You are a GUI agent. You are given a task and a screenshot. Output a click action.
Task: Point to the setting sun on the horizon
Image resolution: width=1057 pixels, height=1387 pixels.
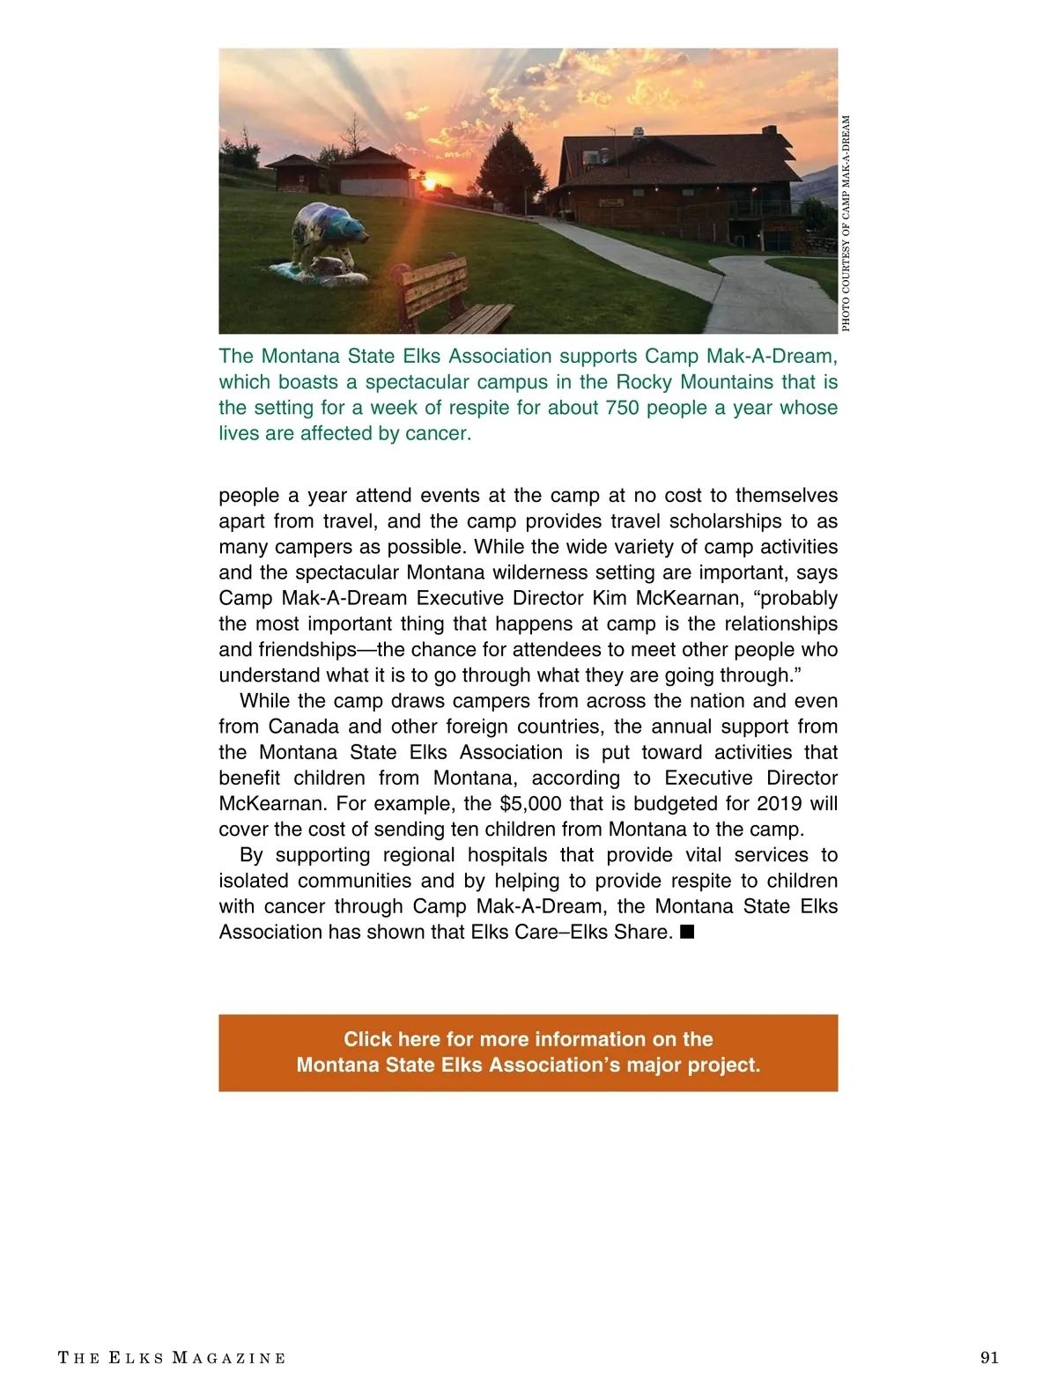[431, 183]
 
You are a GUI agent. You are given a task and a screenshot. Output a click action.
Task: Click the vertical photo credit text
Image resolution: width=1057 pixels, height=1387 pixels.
[846, 224]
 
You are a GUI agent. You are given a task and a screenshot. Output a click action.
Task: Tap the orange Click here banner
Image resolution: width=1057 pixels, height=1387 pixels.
[528, 1052]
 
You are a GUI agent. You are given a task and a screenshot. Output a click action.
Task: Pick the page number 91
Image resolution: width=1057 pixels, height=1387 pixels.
[989, 1357]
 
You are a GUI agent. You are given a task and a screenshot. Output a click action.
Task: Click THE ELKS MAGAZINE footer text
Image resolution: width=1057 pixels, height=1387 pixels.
[172, 1358]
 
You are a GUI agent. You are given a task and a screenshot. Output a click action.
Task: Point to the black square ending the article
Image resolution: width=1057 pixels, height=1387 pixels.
[687, 932]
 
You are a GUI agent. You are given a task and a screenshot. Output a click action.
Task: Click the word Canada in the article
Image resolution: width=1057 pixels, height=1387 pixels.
[303, 727]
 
